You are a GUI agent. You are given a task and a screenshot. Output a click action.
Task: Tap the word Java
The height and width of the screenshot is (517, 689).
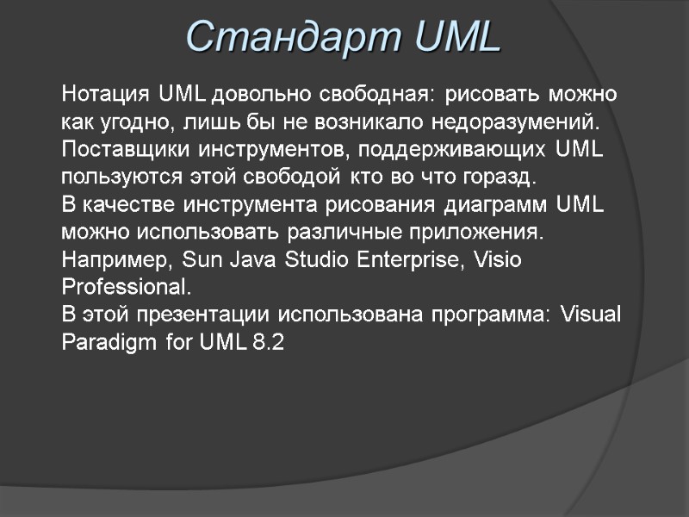tap(245, 261)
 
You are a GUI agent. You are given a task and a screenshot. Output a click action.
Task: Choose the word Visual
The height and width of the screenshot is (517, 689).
tap(590, 315)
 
